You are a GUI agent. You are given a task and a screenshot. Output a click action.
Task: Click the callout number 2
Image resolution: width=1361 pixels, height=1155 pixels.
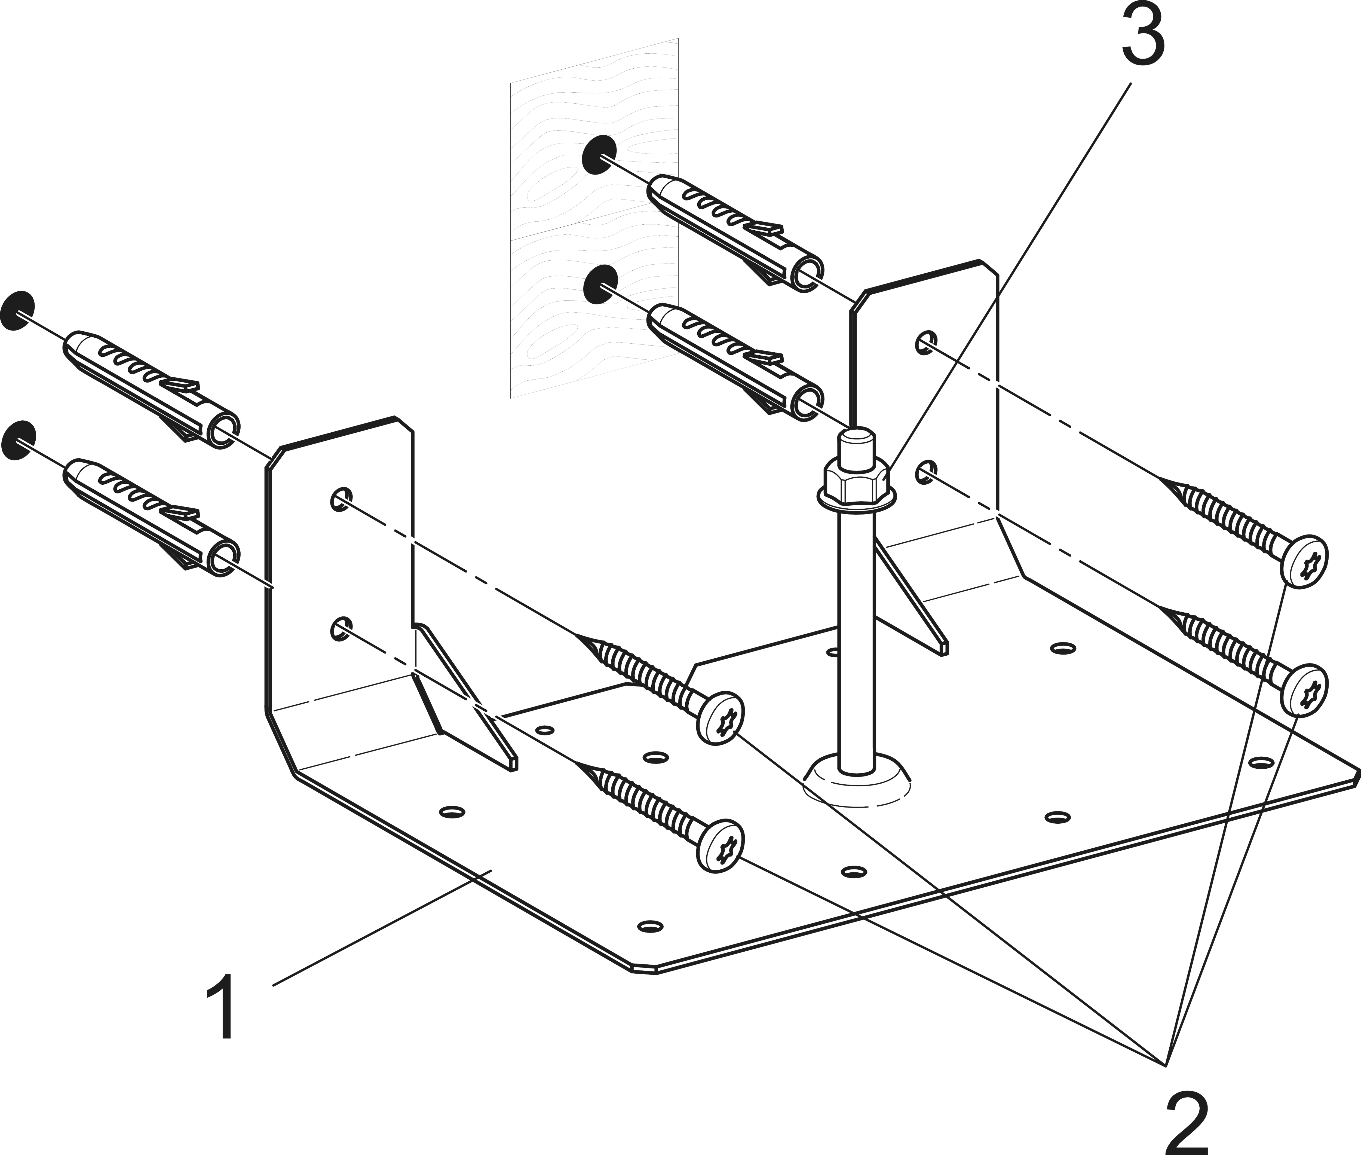point(1186,1123)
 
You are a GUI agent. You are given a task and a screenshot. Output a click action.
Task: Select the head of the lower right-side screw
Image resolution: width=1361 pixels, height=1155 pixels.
point(1304,691)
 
